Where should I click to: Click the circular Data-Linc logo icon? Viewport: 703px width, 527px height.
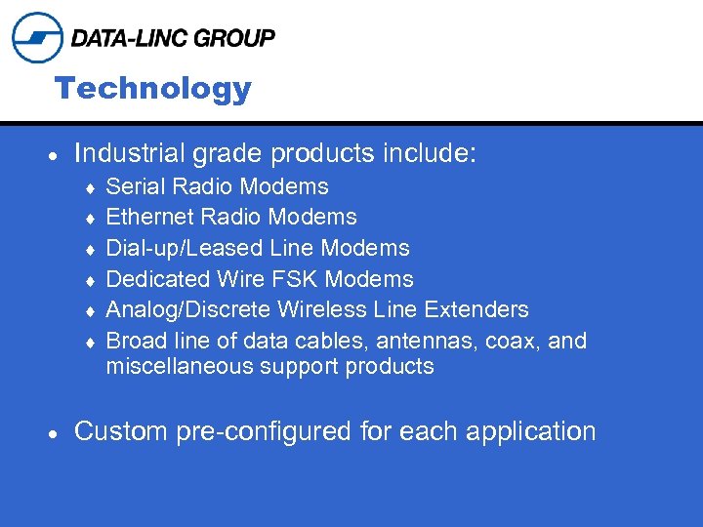(x=37, y=38)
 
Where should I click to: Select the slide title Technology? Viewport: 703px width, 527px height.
(x=153, y=89)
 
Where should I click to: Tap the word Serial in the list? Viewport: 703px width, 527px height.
(x=133, y=185)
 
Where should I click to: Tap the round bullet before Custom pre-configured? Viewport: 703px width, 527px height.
(x=56, y=433)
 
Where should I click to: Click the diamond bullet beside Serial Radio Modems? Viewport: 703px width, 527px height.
(x=91, y=187)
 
